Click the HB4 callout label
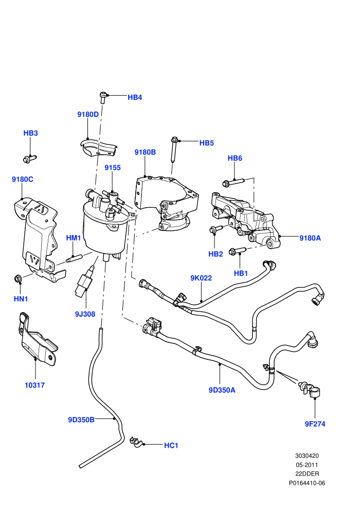click(x=135, y=97)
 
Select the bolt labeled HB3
click(x=29, y=159)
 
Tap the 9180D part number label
click(x=88, y=114)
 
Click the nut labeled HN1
click(x=18, y=278)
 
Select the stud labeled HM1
click(x=74, y=259)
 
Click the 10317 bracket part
click(x=37, y=339)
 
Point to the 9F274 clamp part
click(x=310, y=389)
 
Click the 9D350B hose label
click(x=81, y=420)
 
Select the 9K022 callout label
click(x=201, y=278)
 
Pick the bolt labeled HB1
click(x=237, y=251)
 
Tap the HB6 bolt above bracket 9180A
click(x=232, y=182)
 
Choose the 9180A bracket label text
click(x=310, y=238)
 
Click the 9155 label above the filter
click(x=113, y=168)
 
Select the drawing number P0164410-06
click(x=307, y=483)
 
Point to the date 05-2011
click(x=307, y=465)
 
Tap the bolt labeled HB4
click(x=103, y=97)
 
